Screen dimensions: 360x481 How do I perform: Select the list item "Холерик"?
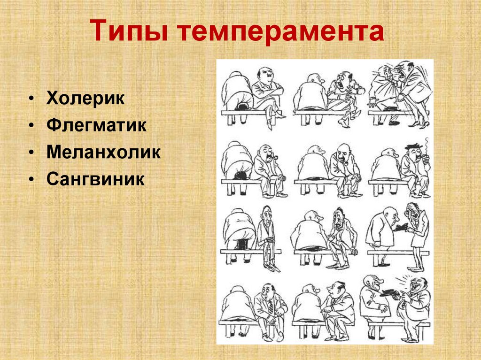pos(85,99)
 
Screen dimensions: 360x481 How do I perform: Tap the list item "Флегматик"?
pos(96,126)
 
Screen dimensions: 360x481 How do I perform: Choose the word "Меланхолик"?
pos(104,153)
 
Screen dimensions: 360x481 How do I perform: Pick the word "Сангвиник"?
pos(95,180)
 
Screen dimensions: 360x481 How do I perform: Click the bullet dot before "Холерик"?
pos(31,100)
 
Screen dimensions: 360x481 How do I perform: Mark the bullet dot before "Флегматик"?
pos(31,126)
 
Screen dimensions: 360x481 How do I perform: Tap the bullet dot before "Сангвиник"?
pos(31,180)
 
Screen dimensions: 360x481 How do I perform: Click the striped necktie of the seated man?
pos(271,306)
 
